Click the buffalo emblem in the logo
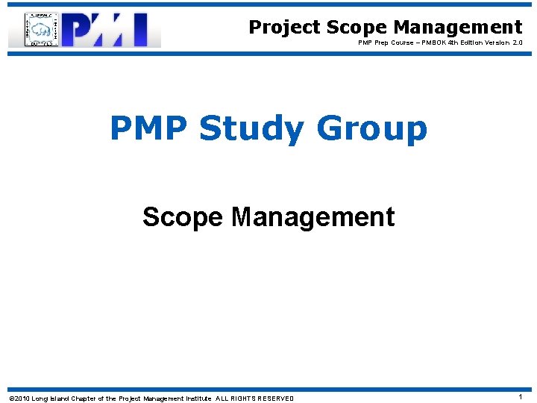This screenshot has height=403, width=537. (x=43, y=31)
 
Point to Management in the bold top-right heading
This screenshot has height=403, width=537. (x=458, y=28)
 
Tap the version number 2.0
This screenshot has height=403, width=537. (x=518, y=43)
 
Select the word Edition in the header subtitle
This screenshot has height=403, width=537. (x=476, y=43)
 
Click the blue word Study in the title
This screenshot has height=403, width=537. (x=251, y=128)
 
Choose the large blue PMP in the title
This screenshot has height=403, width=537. (x=148, y=128)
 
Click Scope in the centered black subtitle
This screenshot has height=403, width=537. (x=183, y=217)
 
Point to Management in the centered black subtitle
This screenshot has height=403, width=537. (x=313, y=217)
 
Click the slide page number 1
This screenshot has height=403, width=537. (x=520, y=398)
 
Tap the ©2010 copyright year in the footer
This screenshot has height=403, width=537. (x=18, y=399)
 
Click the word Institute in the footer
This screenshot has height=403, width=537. (x=194, y=399)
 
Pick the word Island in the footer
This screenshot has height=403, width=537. (x=60, y=399)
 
